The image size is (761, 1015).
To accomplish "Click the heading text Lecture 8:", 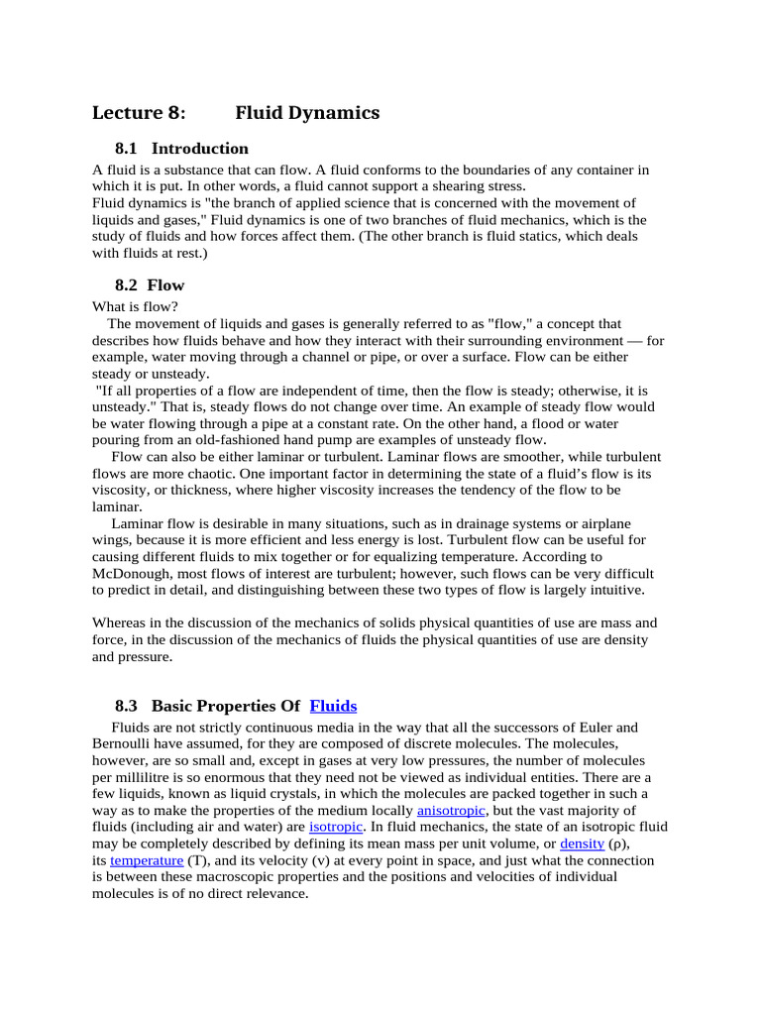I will [x=139, y=113].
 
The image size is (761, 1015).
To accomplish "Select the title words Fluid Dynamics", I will [x=307, y=113].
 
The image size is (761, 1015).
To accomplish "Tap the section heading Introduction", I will [x=200, y=149].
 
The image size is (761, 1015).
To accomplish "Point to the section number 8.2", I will [x=128, y=285].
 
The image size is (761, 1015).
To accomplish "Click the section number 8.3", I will [x=128, y=706].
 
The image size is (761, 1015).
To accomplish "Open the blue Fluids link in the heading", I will [x=333, y=706].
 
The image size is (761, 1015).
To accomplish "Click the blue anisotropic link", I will [x=451, y=810].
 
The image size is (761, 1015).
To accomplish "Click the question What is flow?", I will [x=135, y=306].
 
